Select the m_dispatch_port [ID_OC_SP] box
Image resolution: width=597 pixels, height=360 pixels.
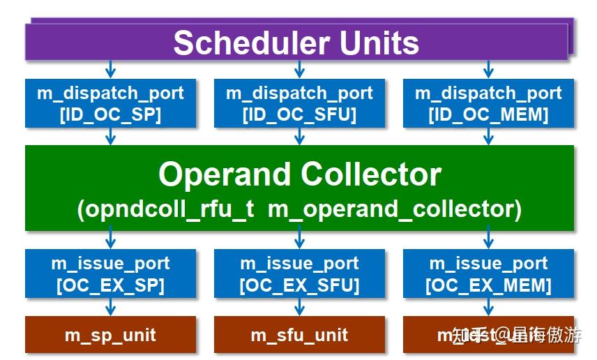(110, 103)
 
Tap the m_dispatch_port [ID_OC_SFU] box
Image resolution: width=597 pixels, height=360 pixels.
(299, 103)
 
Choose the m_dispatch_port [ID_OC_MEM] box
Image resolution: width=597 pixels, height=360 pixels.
(488, 103)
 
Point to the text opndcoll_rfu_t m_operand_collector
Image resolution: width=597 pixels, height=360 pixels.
(299, 209)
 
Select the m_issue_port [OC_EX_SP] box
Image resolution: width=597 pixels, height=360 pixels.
(110, 274)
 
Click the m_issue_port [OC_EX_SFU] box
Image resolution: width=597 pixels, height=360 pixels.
(299, 274)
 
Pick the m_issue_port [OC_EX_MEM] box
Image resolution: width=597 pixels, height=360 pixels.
(488, 274)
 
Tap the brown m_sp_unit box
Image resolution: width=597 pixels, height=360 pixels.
(110, 335)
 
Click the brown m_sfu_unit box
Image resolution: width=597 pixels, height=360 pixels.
(299, 335)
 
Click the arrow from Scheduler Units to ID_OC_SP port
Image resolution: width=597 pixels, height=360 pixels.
(110, 69)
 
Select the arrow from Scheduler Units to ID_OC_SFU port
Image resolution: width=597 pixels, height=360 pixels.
(299, 69)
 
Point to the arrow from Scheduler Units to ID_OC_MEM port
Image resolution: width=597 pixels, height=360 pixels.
(488, 69)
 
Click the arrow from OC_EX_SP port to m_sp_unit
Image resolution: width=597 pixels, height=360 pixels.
(110, 308)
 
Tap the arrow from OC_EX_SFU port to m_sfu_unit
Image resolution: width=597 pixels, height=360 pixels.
(299, 308)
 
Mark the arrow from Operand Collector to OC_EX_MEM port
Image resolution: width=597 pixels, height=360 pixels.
(488, 239)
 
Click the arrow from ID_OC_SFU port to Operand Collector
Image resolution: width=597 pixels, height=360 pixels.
(299, 137)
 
